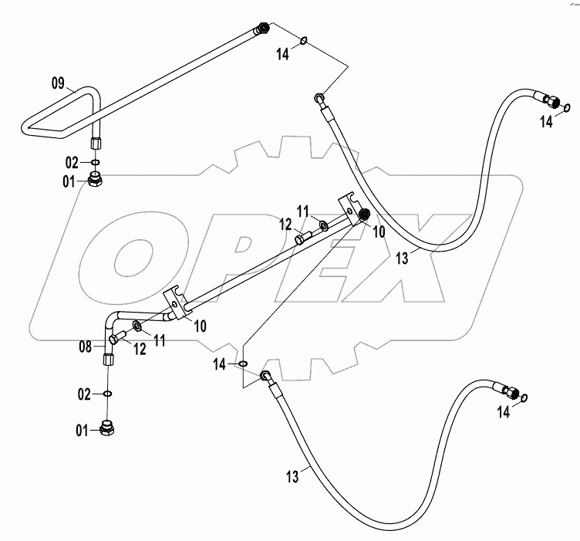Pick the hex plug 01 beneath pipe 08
pyautogui.click(x=109, y=429)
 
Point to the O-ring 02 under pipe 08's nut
pyautogui.click(x=107, y=395)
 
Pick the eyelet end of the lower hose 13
pyautogui.click(x=266, y=376)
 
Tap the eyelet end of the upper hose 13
pyautogui.click(x=319, y=98)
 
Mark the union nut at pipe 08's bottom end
pyautogui.click(x=107, y=360)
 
